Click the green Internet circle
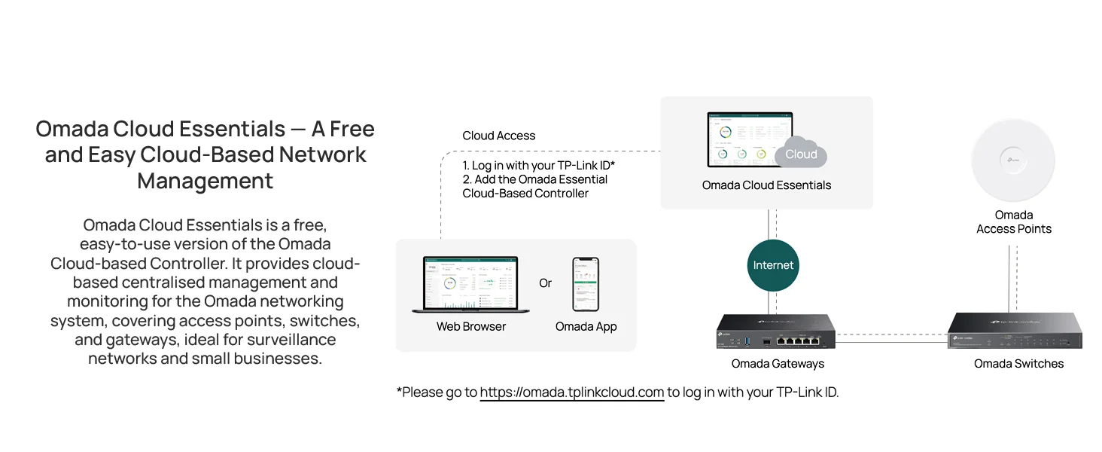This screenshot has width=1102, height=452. coord(773,265)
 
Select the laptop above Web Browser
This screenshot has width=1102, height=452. coord(470,285)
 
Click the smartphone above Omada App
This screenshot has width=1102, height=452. coord(586,284)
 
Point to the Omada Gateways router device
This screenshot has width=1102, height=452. coord(776,331)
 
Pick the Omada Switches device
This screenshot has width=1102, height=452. coord(1015,331)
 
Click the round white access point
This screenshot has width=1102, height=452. coord(1013,160)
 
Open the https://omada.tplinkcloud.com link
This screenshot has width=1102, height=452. coord(571,392)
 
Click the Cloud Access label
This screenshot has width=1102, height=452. coord(498,136)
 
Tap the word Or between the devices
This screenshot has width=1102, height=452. coord(545,283)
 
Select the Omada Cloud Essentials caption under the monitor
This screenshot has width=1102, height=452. coord(766,185)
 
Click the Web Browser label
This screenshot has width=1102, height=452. coord(470,326)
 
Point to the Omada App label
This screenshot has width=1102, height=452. coord(586,327)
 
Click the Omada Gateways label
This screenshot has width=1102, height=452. coord(778,364)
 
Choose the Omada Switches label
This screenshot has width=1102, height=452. coord(1018,364)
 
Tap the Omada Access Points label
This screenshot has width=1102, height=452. coord(1014,222)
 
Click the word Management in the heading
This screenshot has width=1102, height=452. coord(205,181)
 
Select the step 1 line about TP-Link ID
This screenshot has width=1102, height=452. coord(539,166)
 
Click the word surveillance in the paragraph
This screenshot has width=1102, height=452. coord(291,340)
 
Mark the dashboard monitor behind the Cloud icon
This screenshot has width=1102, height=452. coord(749,140)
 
